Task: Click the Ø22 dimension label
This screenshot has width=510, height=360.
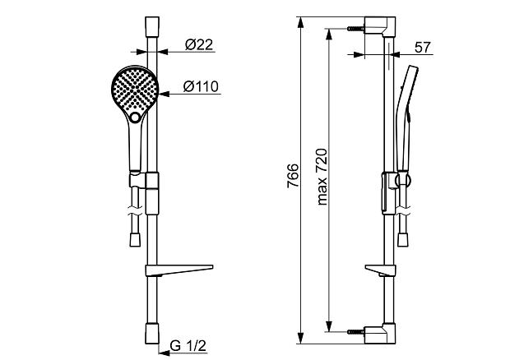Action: point(199,45)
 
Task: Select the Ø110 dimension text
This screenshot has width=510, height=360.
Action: point(201,87)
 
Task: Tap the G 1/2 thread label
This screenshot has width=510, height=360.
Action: point(188,346)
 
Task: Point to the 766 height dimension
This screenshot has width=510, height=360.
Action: point(293,175)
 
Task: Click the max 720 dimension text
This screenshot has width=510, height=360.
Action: point(322,177)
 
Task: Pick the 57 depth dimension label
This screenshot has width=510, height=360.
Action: point(423,48)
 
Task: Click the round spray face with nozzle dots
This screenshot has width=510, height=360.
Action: point(135,89)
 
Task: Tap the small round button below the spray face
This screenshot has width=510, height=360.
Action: point(135,118)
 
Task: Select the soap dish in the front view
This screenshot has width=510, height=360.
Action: point(179,270)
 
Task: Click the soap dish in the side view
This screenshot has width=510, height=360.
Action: point(381,270)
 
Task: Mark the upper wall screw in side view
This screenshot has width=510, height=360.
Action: point(356,29)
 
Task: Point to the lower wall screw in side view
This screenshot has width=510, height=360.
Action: point(356,332)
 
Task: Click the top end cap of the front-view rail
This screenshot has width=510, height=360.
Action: point(152,26)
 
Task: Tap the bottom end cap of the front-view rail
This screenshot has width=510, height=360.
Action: point(152,334)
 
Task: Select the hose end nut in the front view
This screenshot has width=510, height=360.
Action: point(135,240)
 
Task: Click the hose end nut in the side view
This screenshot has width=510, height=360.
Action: point(403,240)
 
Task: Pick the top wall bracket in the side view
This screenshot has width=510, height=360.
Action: point(380,26)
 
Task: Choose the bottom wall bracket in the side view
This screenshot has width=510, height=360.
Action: point(380,334)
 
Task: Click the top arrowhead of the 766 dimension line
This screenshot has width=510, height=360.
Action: point(301,22)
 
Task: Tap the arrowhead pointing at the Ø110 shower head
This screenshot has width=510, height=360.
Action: point(164,94)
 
